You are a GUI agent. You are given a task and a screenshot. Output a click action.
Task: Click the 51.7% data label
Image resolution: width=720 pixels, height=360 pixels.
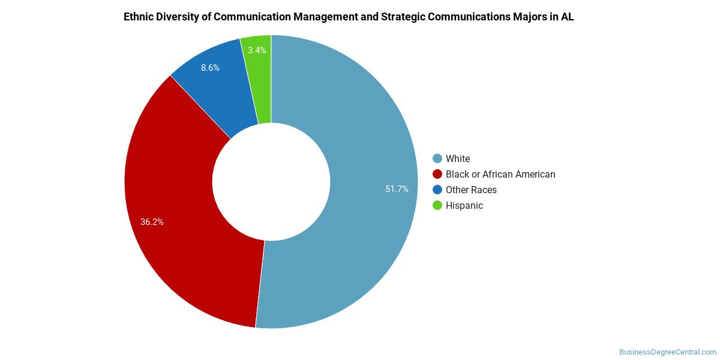point(397,189)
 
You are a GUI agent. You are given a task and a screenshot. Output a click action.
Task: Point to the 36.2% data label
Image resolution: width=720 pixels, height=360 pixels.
point(152,221)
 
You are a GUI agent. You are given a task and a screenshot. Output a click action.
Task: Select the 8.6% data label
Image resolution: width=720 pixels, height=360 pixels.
point(210,68)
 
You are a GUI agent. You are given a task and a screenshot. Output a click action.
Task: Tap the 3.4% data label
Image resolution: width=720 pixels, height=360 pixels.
point(257,50)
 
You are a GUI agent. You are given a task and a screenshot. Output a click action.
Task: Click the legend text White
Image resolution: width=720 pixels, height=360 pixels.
point(458,158)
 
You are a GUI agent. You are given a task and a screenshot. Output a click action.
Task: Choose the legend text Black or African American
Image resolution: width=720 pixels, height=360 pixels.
point(500,174)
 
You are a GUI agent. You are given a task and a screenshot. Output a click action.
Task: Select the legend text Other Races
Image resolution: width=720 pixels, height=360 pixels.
point(471,190)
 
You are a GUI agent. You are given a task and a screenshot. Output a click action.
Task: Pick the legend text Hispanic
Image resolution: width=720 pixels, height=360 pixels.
point(464,205)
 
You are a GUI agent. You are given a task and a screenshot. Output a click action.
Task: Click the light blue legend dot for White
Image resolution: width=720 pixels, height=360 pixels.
point(437,158)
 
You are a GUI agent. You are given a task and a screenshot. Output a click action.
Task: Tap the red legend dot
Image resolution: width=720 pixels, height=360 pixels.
point(437,174)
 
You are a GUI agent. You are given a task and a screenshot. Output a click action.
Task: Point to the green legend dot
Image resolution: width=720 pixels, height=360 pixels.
point(437,205)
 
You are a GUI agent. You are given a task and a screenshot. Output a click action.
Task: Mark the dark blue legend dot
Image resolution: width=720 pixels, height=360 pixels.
point(437,190)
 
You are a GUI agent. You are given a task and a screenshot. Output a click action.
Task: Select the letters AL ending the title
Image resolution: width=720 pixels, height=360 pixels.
point(567,17)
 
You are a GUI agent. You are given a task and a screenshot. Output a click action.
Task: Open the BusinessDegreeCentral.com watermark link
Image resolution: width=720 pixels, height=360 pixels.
point(667,352)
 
